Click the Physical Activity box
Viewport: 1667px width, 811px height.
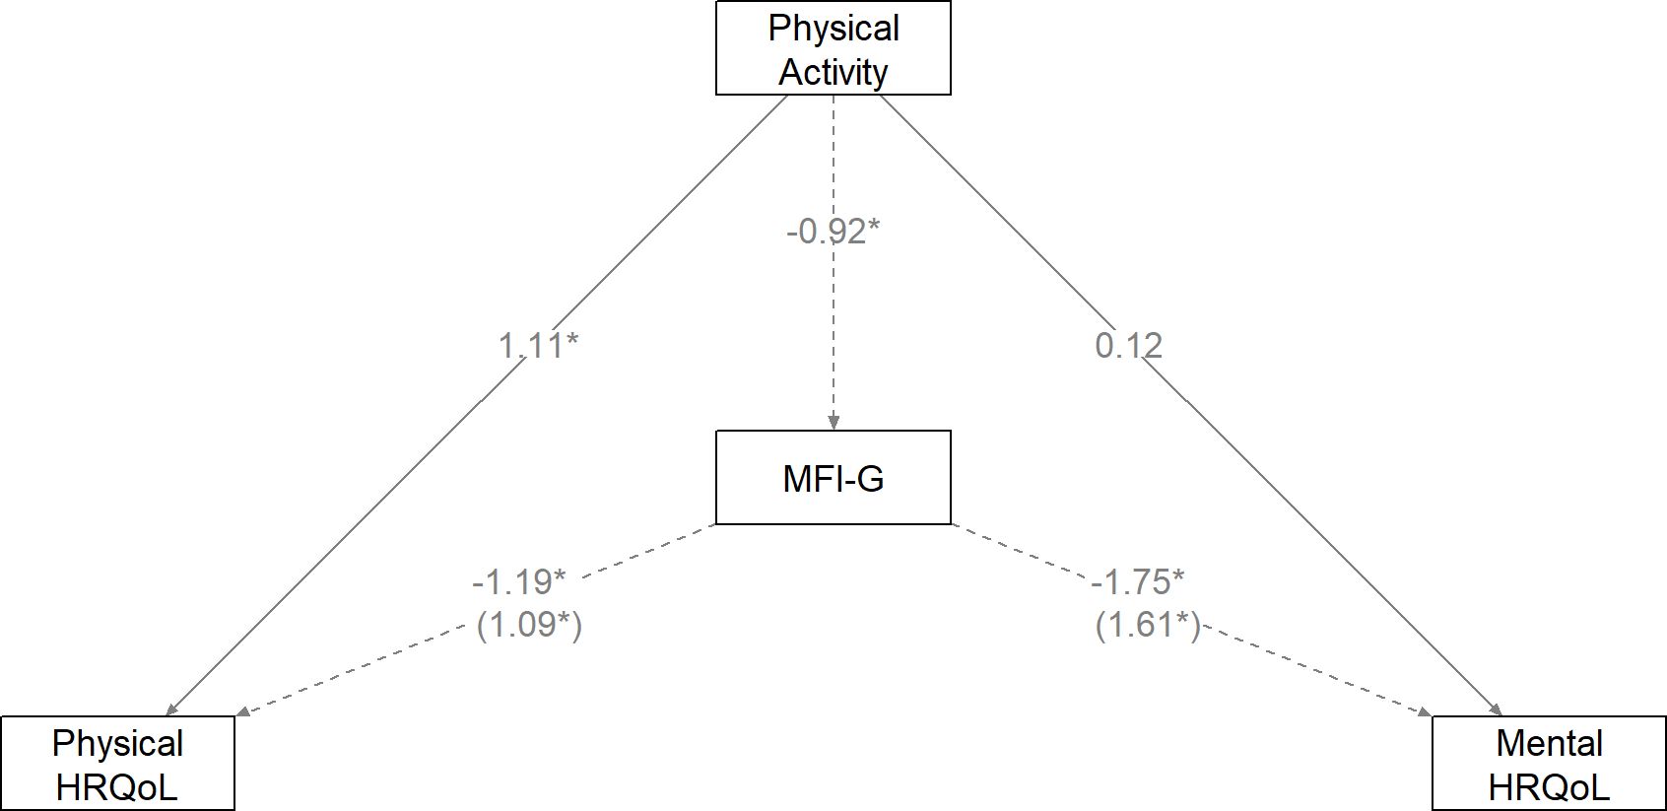pyautogui.click(x=833, y=48)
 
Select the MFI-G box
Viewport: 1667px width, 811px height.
pyautogui.click(x=833, y=477)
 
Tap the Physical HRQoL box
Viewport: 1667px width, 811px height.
pyautogui.click(x=117, y=764)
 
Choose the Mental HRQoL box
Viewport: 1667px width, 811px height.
pyautogui.click(x=1549, y=764)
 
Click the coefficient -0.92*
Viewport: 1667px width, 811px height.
pyautogui.click(x=833, y=231)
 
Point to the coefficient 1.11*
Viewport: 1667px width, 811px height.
pyautogui.click(x=538, y=345)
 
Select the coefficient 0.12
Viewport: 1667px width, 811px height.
pyautogui.click(x=1128, y=345)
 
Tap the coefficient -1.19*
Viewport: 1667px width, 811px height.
pyautogui.click(x=519, y=581)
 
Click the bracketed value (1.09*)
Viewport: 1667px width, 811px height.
pyautogui.click(x=529, y=625)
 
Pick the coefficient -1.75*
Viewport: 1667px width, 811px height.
pyautogui.click(x=1137, y=581)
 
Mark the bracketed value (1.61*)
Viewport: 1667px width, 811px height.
pyautogui.click(x=1148, y=625)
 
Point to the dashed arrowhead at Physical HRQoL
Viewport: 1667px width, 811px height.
pyautogui.click(x=242, y=712)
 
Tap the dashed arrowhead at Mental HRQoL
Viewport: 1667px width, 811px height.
pyautogui.click(x=1424, y=712)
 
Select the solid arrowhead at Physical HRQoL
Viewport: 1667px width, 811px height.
pyautogui.click(x=171, y=710)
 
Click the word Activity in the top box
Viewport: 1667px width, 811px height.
pyautogui.click(x=833, y=72)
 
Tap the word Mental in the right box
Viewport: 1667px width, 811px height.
pyautogui.click(x=1549, y=743)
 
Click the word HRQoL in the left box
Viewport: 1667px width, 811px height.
pyautogui.click(x=117, y=787)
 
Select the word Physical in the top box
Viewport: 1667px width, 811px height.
pyautogui.click(x=833, y=28)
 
